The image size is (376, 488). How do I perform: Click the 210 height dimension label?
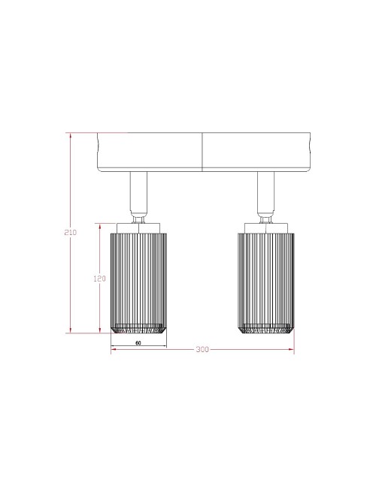pos(71,232)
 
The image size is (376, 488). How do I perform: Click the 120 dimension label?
pos(99,279)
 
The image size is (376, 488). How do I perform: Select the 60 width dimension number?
pos(138,343)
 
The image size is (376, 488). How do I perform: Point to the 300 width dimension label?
pos(202,350)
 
